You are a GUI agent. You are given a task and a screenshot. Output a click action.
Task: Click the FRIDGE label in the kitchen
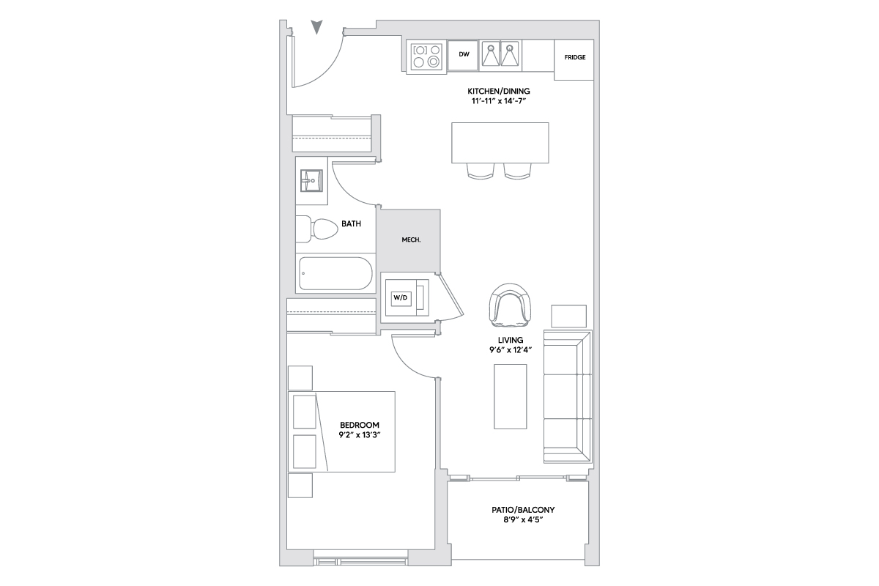coord(575,57)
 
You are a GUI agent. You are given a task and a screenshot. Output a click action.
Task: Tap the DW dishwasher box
coord(463,56)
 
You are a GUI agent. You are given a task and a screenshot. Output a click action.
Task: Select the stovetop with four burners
coord(426,56)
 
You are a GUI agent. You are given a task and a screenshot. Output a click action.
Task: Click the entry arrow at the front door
coord(316,27)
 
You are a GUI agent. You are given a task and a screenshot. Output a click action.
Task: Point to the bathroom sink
coord(311,180)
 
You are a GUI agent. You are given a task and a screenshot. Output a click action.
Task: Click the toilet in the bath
coord(317,229)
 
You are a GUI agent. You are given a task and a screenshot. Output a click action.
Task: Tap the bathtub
coord(335,273)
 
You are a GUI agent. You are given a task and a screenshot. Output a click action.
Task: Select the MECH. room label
coord(411,240)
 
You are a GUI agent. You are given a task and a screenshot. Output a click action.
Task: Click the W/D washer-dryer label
coord(400,297)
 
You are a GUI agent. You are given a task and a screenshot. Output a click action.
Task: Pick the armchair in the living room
coord(510,305)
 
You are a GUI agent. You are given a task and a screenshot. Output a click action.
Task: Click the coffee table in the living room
coord(510,396)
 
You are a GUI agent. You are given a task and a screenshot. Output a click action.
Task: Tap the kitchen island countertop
coord(500,143)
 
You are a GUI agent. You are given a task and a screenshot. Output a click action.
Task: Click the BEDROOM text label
coord(360,425)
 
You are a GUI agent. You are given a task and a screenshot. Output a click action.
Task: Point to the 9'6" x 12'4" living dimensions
coord(511,349)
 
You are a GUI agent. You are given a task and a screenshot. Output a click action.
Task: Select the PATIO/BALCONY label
coord(523,510)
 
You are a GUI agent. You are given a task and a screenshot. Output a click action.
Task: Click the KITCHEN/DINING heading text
coord(499,91)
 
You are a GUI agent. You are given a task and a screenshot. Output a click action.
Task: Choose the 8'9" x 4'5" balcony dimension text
coord(523,520)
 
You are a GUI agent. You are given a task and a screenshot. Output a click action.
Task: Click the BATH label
coord(351,223)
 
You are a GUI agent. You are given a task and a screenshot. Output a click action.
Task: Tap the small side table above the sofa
coord(568,316)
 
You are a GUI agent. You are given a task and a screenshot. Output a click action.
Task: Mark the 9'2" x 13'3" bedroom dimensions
coord(360,435)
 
